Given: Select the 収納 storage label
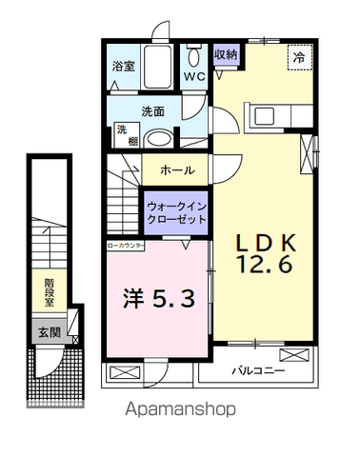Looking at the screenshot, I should [x=225, y=54].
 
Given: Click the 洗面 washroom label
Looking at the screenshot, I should [x=152, y=111].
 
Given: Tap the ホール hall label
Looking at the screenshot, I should [x=177, y=170].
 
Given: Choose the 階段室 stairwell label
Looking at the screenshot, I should [x=49, y=291].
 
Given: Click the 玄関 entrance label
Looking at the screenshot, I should [x=49, y=333].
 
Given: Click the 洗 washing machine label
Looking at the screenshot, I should [x=122, y=129].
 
